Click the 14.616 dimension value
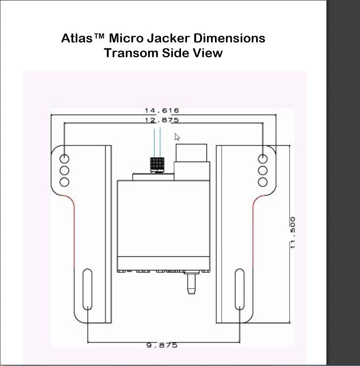162,111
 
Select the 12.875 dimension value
162,120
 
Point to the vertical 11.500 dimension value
293,233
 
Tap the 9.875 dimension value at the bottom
162,345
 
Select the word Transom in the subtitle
131,53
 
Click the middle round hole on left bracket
64,170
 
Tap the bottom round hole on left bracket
64,182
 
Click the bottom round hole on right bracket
263,182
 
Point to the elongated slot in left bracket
87,289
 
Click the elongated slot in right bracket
239,289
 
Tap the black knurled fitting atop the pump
157,164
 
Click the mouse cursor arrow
177,137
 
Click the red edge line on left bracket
74,232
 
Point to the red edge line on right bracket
253,232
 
